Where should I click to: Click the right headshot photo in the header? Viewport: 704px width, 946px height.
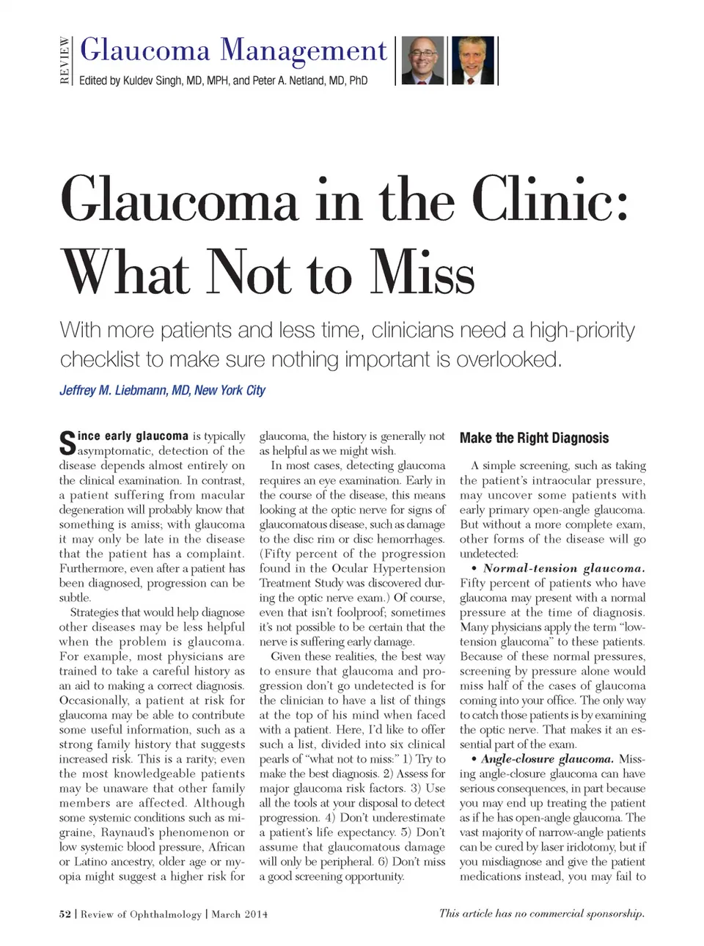tap(473, 60)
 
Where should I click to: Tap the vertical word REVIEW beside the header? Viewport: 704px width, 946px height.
tap(65, 61)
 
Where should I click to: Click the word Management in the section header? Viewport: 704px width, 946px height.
tap(304, 51)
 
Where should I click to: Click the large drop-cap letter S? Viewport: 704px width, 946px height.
tap(67, 444)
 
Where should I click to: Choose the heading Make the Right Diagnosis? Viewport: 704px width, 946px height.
tap(534, 438)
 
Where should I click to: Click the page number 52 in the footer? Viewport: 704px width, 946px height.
tap(65, 914)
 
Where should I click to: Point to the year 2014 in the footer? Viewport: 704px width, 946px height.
tap(257, 914)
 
